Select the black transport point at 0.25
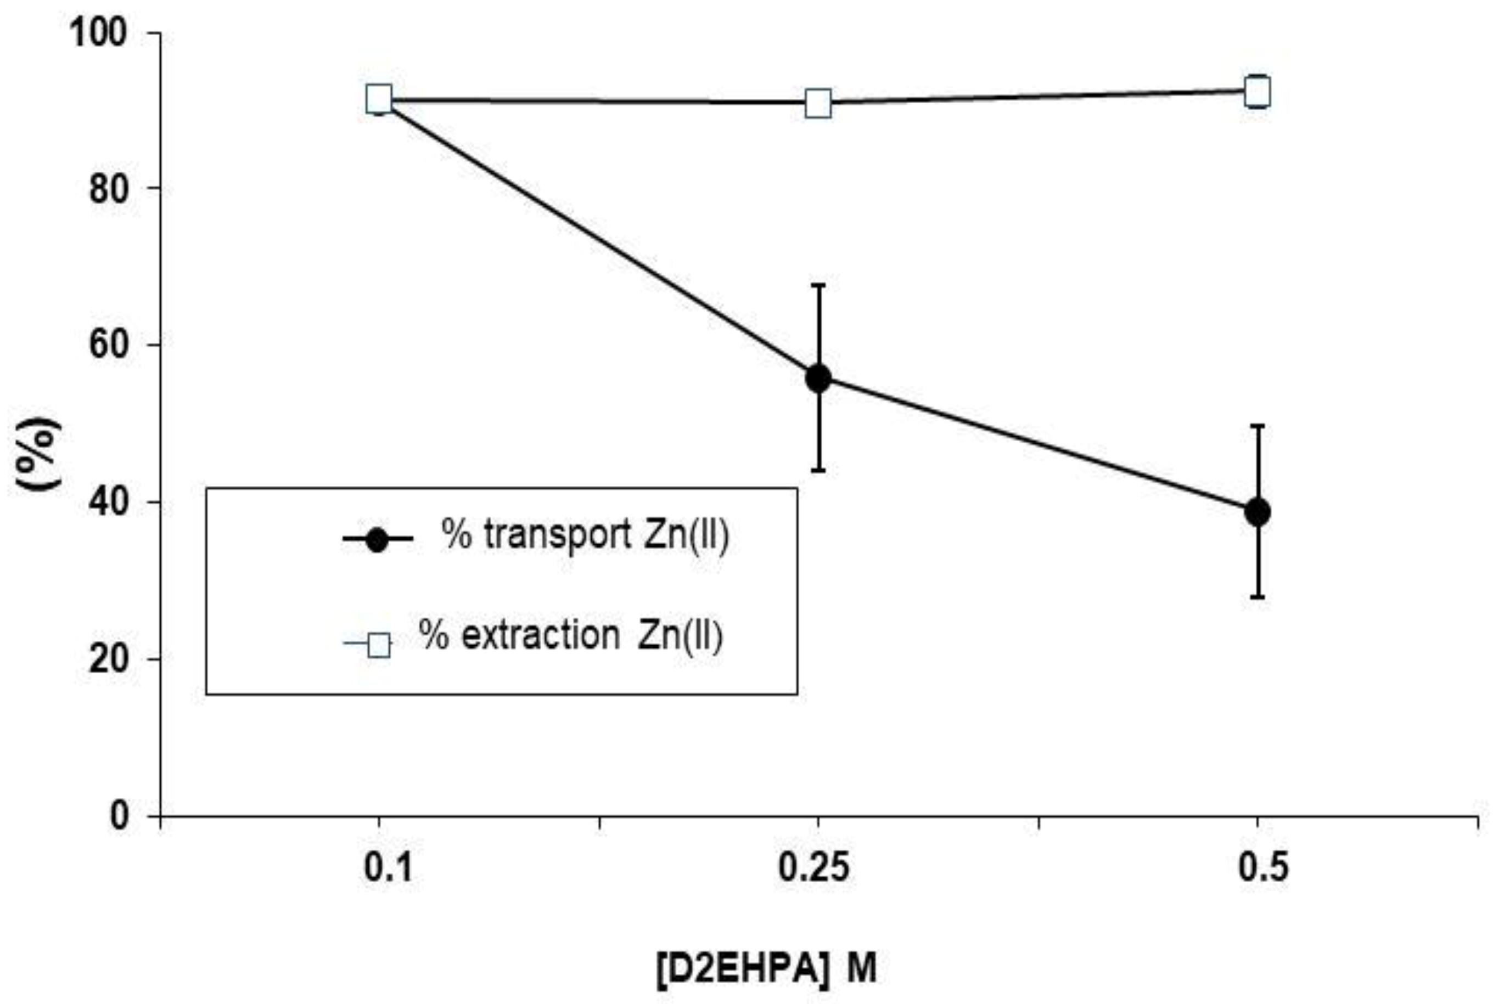pyautogui.click(x=818, y=379)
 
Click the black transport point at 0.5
pyautogui.click(x=1258, y=512)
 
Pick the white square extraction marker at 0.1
pyautogui.click(x=379, y=99)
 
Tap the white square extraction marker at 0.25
pyautogui.click(x=818, y=103)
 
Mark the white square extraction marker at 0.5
pyautogui.click(x=1258, y=92)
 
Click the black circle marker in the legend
pyautogui.click(x=377, y=540)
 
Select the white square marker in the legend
pyautogui.click(x=379, y=644)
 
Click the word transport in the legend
pyautogui.click(x=558, y=535)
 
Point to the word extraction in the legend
pyautogui.click(x=541, y=636)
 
